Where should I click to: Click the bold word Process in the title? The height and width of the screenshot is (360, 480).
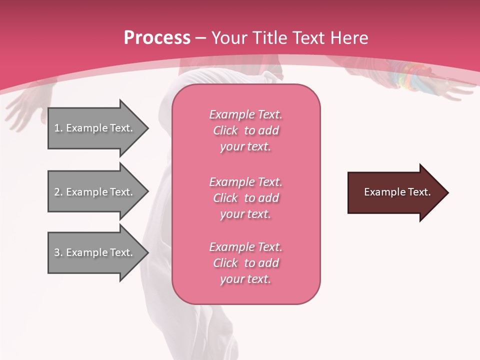(x=157, y=38)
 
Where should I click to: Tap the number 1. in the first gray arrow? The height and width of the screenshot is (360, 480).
(x=58, y=128)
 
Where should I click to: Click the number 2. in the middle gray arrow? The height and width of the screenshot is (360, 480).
(x=58, y=192)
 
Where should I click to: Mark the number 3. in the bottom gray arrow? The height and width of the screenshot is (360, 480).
(x=58, y=252)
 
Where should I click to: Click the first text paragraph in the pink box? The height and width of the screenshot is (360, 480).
(x=245, y=130)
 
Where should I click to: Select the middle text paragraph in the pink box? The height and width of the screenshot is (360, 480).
(x=245, y=198)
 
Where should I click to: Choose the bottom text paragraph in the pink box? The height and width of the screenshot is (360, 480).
(x=245, y=263)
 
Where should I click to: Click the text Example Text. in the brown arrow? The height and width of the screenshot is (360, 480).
(x=397, y=192)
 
